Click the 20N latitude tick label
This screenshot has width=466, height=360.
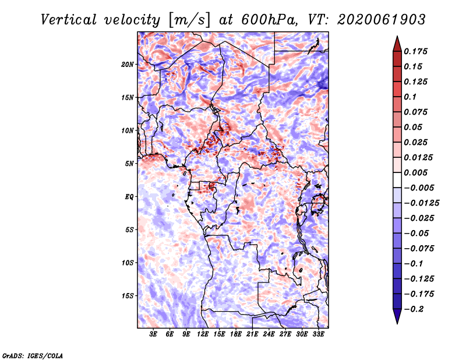click(128, 65)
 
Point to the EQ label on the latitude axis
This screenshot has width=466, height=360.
click(129, 197)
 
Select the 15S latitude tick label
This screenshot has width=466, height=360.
click(128, 296)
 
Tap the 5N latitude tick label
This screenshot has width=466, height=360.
click(129, 164)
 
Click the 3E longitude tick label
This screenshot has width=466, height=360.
click(153, 334)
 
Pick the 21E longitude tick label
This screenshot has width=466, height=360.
click(252, 334)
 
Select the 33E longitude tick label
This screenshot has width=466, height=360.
click(318, 334)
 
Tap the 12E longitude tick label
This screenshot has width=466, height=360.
click(203, 334)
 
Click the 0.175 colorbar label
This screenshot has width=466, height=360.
click(415, 51)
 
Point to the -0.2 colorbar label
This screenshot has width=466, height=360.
click(414, 309)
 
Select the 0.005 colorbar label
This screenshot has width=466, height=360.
click(415, 172)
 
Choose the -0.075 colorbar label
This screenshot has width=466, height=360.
click(419, 249)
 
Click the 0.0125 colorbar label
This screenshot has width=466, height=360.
click(418, 157)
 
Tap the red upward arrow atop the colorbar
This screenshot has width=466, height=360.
click(397, 44)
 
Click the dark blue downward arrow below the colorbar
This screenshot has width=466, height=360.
click(397, 316)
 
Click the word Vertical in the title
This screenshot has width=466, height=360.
click(69, 20)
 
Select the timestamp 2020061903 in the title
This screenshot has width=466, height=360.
click(382, 20)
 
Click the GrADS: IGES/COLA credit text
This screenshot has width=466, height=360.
click(33, 355)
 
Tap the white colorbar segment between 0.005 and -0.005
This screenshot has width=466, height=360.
click(397, 180)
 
